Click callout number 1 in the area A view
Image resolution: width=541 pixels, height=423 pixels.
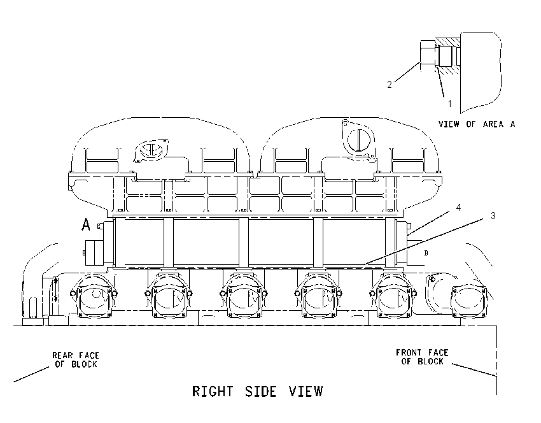click(x=449, y=103)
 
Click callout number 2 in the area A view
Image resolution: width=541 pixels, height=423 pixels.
click(x=390, y=85)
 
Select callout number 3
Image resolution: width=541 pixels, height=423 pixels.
click(x=493, y=216)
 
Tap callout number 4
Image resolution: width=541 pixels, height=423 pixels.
click(x=458, y=208)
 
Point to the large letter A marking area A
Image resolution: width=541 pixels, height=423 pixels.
click(x=86, y=224)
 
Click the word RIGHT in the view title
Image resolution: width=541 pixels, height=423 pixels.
click(x=212, y=392)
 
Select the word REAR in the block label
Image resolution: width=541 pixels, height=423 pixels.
click(x=62, y=355)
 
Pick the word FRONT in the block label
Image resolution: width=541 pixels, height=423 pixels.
click(x=409, y=353)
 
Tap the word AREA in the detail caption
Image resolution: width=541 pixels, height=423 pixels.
click(x=493, y=124)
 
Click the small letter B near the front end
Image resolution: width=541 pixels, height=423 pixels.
click(x=426, y=253)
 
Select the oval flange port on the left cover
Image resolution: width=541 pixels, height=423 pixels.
click(x=151, y=150)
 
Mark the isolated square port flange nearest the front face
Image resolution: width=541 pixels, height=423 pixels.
click(x=469, y=301)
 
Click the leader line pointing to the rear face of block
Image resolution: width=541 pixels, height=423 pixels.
click(x=31, y=375)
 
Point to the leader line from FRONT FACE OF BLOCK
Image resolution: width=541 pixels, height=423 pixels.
click(x=474, y=369)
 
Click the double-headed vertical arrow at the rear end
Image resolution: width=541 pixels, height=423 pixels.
click(x=56, y=289)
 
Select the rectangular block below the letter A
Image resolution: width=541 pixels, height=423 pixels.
click(x=93, y=253)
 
